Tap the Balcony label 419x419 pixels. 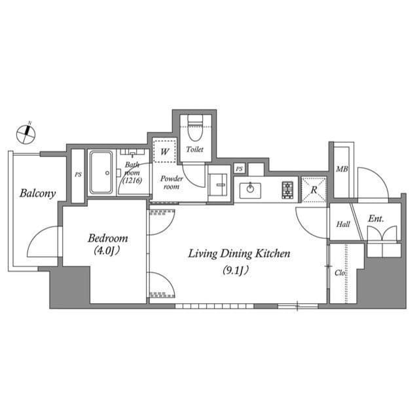(37, 193)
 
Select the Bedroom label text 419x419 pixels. (108, 238)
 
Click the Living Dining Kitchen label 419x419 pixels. (239, 253)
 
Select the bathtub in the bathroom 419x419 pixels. (101, 173)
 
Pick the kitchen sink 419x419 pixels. (249, 191)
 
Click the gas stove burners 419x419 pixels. (288, 190)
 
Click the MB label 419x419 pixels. (341, 170)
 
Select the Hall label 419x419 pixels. (343, 224)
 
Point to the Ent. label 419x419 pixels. (375, 219)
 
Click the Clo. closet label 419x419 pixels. (340, 272)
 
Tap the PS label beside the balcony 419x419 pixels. (78, 175)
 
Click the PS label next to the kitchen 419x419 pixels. (240, 169)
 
